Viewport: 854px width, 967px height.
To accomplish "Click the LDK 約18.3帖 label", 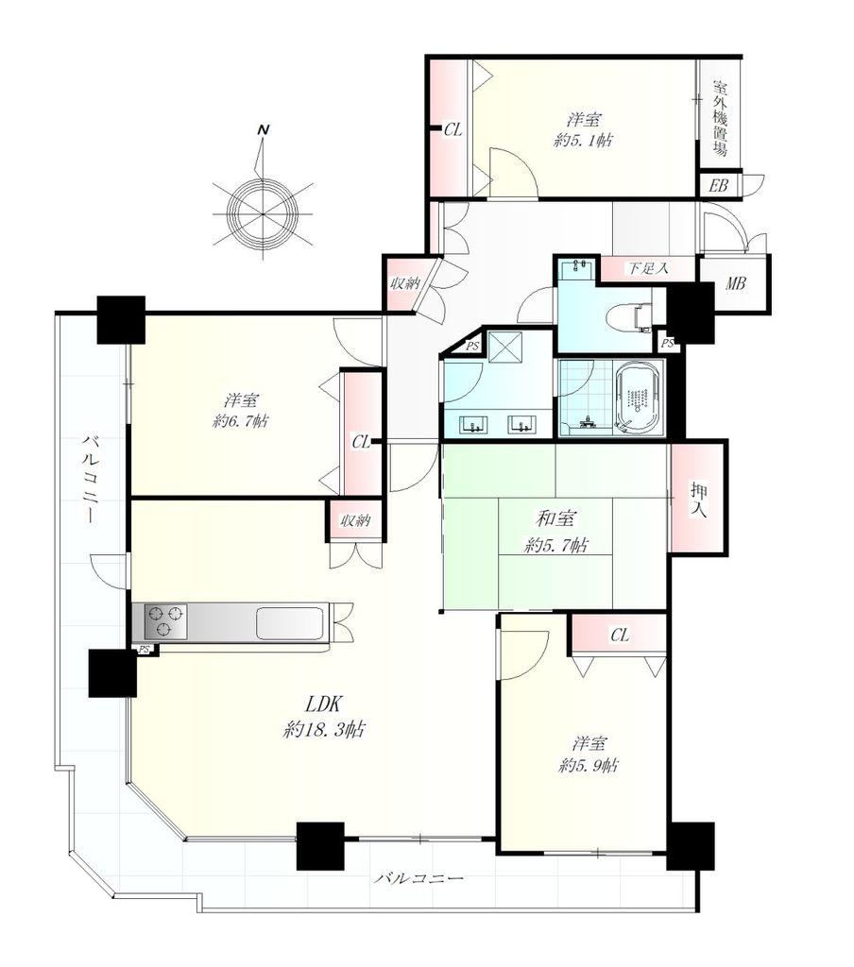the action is pyautogui.click(x=323, y=717).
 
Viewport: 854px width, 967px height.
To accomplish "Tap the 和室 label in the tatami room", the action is pyautogui.click(x=556, y=518).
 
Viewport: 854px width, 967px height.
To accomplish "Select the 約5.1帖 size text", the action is pyautogui.click(x=584, y=141).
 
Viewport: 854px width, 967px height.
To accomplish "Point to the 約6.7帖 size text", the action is pyautogui.click(x=240, y=422).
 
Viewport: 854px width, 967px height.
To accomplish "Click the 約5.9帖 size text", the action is pyautogui.click(x=589, y=765).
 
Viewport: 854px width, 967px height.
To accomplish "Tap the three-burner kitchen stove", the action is pyautogui.click(x=164, y=621).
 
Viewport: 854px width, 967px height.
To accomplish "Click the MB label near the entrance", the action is pyautogui.click(x=735, y=283).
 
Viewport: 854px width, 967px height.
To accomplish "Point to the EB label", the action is pyautogui.click(x=718, y=185).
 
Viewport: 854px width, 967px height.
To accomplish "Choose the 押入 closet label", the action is pyautogui.click(x=699, y=500).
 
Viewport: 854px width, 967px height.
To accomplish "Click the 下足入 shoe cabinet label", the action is pyautogui.click(x=647, y=269).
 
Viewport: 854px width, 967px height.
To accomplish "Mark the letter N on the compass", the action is pyautogui.click(x=264, y=130).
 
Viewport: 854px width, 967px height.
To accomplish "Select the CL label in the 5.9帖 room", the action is pyautogui.click(x=620, y=635).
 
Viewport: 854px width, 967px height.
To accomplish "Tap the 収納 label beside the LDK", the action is pyautogui.click(x=355, y=521).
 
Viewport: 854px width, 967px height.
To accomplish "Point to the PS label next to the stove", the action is pyautogui.click(x=144, y=649).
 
